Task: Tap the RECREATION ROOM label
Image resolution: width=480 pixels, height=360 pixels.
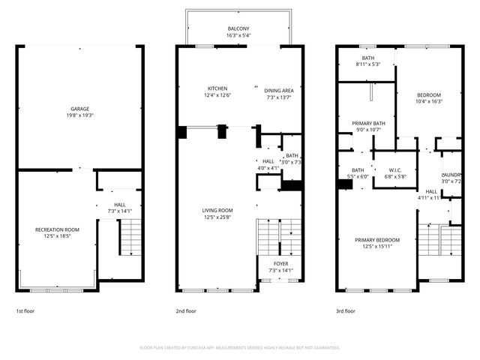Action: (x=57, y=229)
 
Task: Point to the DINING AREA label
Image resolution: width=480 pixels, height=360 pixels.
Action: (x=277, y=89)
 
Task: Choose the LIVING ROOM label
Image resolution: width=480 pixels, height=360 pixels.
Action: (x=217, y=210)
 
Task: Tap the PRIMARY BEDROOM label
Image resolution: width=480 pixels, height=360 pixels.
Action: (x=377, y=240)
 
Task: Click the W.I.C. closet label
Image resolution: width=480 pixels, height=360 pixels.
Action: (x=395, y=169)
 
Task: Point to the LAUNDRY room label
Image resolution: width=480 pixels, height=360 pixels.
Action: (x=451, y=175)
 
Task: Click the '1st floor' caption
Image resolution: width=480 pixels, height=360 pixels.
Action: (x=25, y=310)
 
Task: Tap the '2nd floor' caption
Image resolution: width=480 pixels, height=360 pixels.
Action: (x=186, y=310)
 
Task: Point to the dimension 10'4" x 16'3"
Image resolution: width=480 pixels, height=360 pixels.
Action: (x=429, y=101)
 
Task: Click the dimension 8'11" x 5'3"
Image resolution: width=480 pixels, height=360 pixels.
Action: (x=367, y=64)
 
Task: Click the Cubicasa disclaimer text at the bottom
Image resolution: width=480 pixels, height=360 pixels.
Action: (x=240, y=348)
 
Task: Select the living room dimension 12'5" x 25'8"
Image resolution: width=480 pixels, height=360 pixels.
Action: (x=217, y=217)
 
